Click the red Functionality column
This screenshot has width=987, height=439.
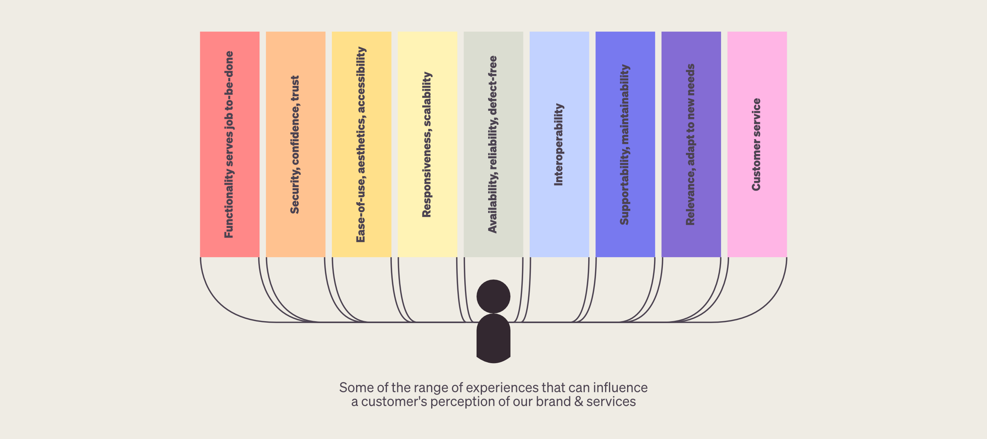click(x=229, y=144)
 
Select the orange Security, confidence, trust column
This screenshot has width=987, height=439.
click(x=296, y=144)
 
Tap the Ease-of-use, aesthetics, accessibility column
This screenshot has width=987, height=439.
click(x=361, y=144)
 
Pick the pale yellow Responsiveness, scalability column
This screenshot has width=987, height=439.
click(x=427, y=144)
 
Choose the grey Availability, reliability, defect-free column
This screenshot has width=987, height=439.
click(x=493, y=144)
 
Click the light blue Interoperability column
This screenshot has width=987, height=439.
click(x=559, y=144)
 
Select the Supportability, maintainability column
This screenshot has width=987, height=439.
click(x=625, y=144)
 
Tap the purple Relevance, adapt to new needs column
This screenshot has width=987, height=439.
click(x=691, y=144)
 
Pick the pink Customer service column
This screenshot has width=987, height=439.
click(x=757, y=144)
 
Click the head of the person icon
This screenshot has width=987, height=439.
click(x=493, y=297)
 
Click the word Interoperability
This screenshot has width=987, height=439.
click(x=559, y=145)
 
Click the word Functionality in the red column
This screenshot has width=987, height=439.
click(x=229, y=203)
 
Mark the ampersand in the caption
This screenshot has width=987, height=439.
click(x=579, y=402)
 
